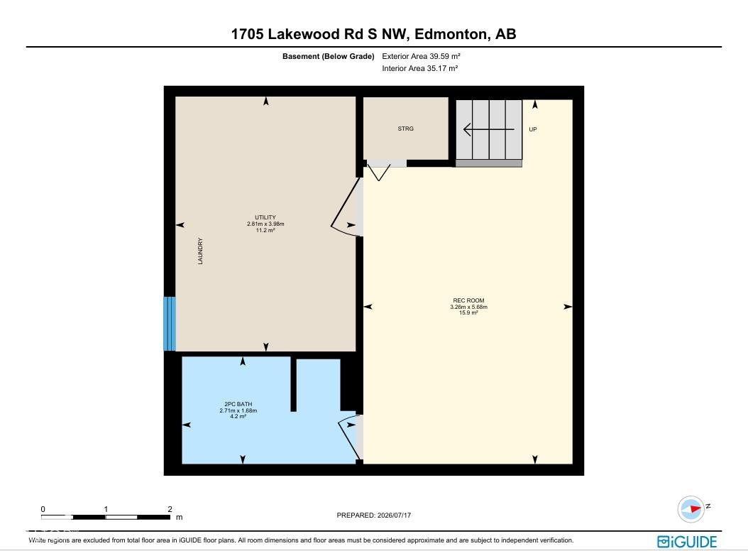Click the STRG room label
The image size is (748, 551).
tap(405, 129)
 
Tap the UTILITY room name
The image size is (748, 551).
tap(265, 217)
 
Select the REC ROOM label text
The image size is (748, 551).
tap(468, 300)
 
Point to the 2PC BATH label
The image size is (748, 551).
tap(238, 404)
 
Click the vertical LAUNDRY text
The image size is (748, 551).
tap(200, 251)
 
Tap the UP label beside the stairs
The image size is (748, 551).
tap(533, 129)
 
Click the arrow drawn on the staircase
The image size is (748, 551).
tap(489, 129)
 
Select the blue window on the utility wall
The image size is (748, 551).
tap(170, 324)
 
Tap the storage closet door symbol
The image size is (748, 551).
tap(380, 170)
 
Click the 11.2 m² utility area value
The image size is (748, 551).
tap(265, 230)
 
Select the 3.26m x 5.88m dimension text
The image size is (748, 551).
tap(468, 307)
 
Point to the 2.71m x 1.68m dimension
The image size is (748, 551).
tap(238, 410)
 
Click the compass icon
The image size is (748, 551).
tap(691, 509)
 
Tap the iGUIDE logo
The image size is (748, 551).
tap(687, 542)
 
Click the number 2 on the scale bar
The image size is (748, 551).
tap(170, 509)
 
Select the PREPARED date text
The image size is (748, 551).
tap(373, 515)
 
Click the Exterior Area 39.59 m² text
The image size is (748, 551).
tap(421, 56)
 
